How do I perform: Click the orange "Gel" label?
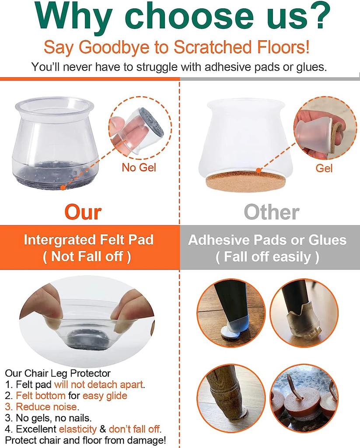pyautogui.click(x=324, y=168)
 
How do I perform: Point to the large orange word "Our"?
pyautogui.click(x=83, y=212)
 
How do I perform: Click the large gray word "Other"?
pyautogui.click(x=272, y=212)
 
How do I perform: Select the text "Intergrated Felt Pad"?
pyautogui.click(x=88, y=240)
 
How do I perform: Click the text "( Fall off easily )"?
pyautogui.click(x=267, y=257)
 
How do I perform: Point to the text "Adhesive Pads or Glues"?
pyautogui.click(x=267, y=240)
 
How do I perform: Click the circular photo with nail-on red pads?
pyautogui.click(x=304, y=399)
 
